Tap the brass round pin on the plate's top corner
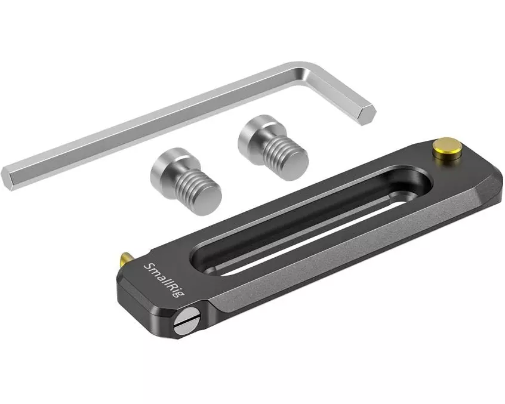[x=447, y=148]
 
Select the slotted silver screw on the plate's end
[x=186, y=320]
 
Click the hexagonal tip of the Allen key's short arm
[x=365, y=116]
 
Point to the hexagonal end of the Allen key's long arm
[x=8, y=179]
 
